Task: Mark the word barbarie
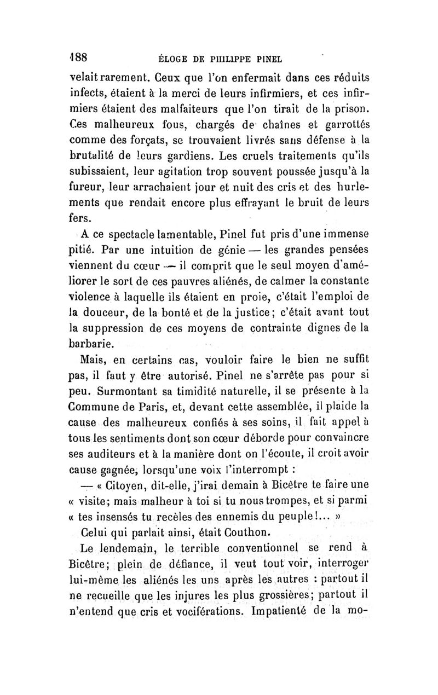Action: click(x=94, y=343)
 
